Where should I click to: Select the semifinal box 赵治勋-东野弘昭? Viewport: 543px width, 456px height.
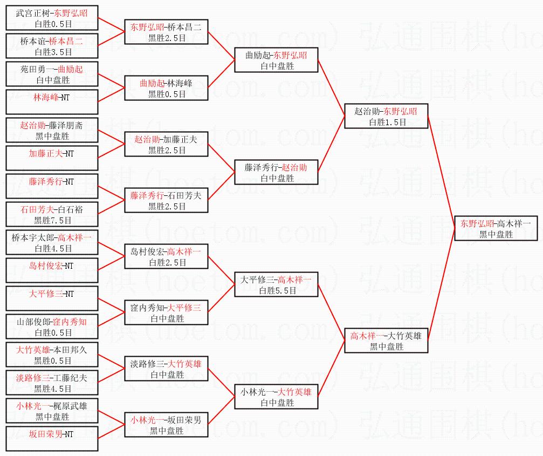coord(386,116)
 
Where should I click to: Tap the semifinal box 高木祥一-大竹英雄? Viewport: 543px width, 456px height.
coord(386,341)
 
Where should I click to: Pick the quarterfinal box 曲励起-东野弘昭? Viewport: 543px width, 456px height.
coord(276,60)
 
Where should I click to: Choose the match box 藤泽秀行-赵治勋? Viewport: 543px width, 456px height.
coord(276,172)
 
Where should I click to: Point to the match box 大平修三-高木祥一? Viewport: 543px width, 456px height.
coord(276,284)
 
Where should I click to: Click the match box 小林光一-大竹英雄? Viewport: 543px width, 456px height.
coord(276,397)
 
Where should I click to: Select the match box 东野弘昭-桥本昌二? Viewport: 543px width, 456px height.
coord(166,32)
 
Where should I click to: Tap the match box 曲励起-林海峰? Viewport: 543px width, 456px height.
coord(166,88)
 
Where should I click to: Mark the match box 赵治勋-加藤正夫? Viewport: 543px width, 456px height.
coord(166,144)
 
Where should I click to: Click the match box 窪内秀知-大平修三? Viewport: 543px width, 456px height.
coord(166,312)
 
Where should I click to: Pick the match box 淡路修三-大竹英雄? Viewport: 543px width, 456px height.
coord(166,369)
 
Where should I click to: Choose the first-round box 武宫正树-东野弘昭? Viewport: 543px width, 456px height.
coord(52,18)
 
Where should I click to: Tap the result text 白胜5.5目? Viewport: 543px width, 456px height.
coord(277,290)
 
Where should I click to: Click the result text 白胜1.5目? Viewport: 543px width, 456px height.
coord(387,122)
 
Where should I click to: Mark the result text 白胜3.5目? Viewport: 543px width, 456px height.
coord(52,52)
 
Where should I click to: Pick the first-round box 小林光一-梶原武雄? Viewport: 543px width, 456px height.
coord(52,411)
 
